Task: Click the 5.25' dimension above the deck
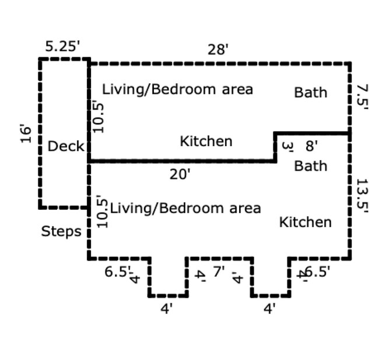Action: (x=62, y=47)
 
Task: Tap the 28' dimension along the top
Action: (x=218, y=50)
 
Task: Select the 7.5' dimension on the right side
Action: (x=362, y=97)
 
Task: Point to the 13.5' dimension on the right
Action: (x=362, y=196)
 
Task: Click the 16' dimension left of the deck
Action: (x=26, y=133)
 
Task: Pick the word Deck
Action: (x=66, y=146)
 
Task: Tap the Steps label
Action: (x=61, y=232)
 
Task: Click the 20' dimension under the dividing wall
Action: (x=180, y=174)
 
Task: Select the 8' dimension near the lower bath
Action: (x=311, y=146)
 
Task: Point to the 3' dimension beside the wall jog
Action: (x=287, y=147)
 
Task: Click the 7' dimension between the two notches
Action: (x=219, y=271)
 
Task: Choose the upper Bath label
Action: (x=311, y=93)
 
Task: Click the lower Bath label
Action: (x=311, y=166)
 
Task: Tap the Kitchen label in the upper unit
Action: (x=206, y=141)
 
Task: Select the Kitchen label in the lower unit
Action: (x=306, y=223)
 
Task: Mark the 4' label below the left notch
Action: (x=167, y=309)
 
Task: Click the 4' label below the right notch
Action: (x=269, y=309)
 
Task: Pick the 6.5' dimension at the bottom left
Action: (x=117, y=271)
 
